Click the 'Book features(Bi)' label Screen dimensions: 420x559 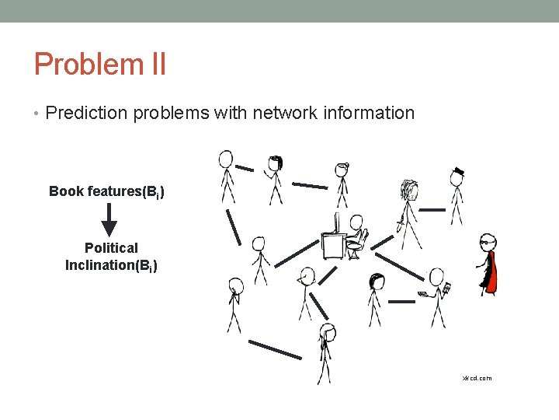(x=106, y=191)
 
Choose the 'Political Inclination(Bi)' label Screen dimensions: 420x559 (x=111, y=257)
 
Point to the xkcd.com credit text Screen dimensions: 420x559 (x=477, y=378)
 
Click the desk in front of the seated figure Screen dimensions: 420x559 (x=333, y=247)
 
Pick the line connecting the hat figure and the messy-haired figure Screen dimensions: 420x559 (x=432, y=209)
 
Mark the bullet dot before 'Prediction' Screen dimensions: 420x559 (x=37, y=114)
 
